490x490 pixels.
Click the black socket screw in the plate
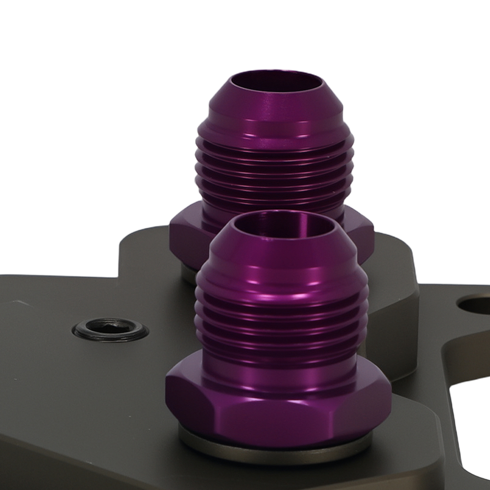tap(110, 329)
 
